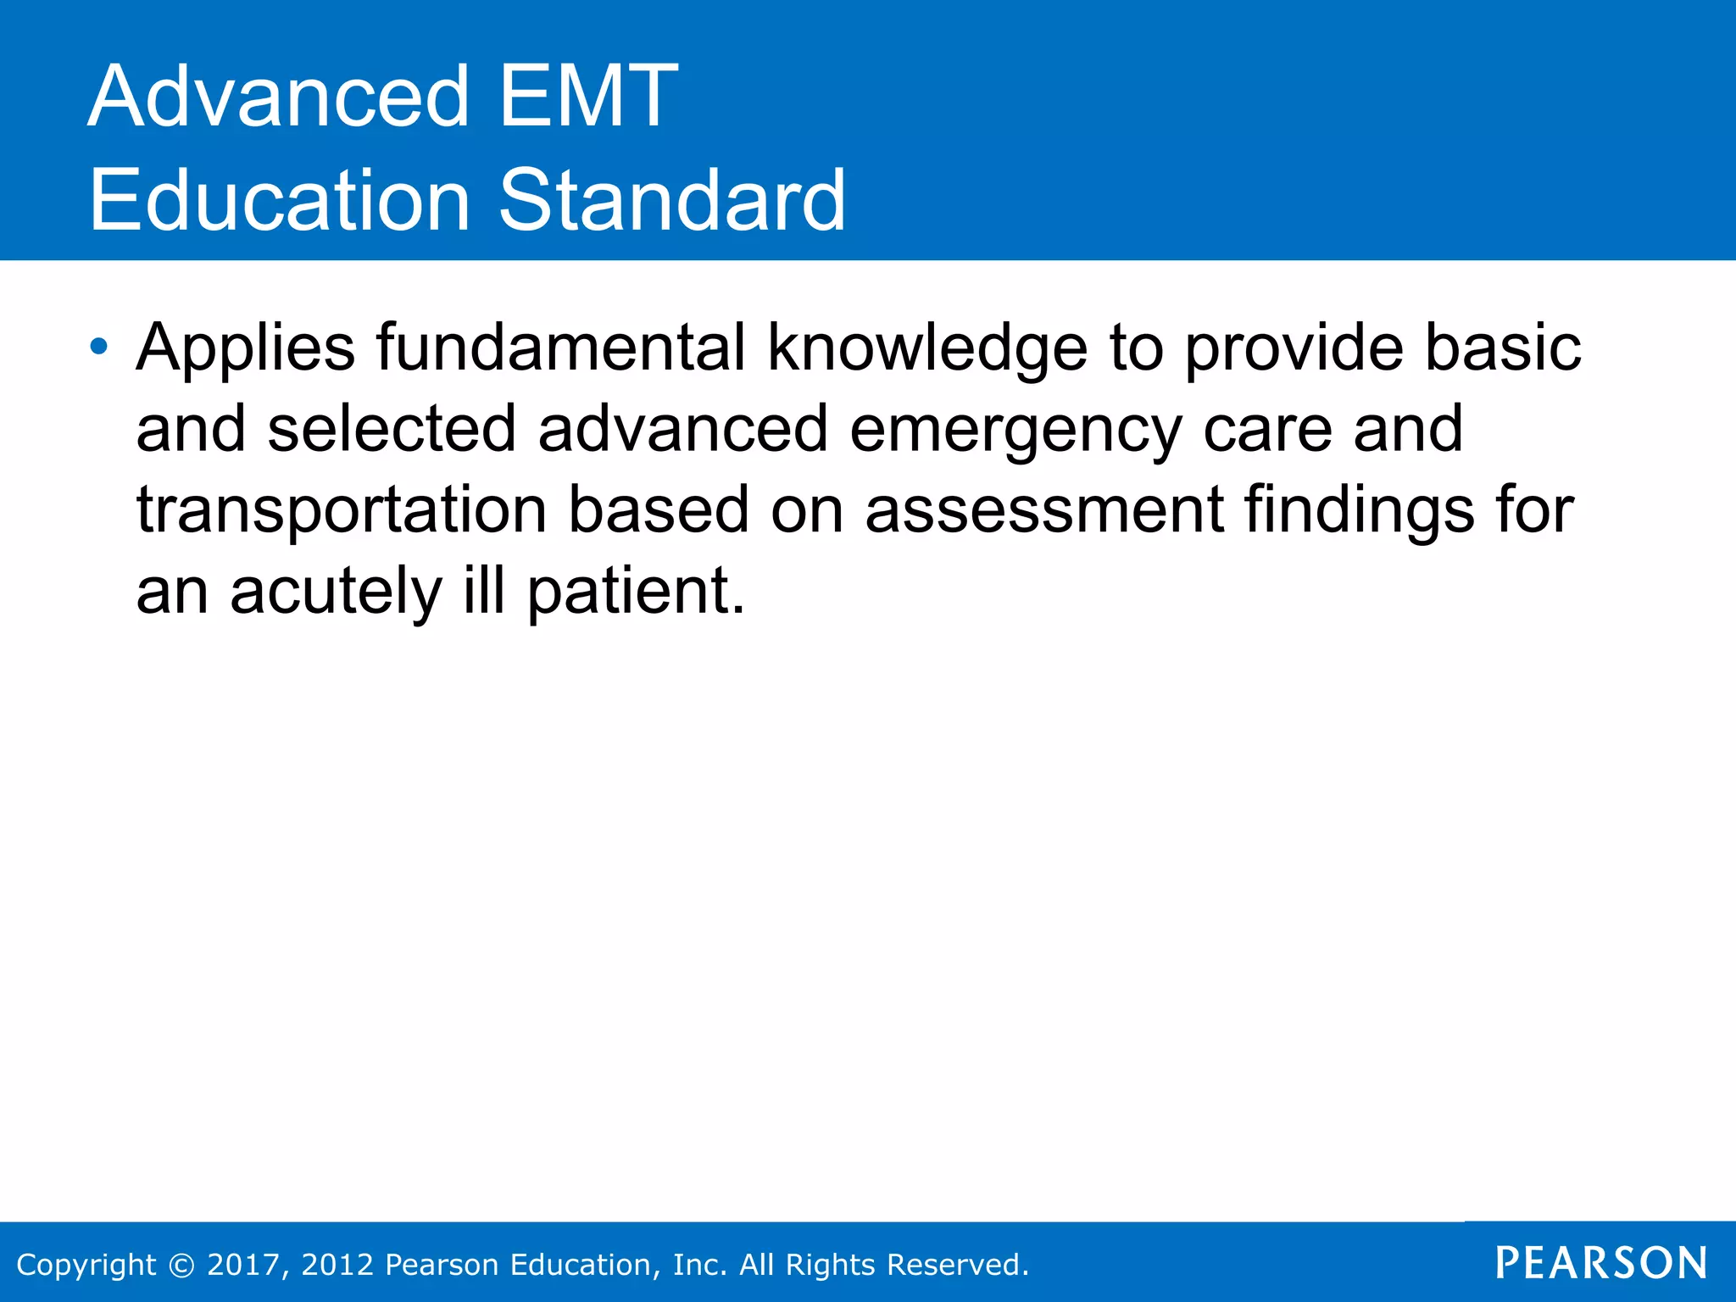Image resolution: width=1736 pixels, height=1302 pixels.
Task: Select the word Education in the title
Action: (279, 200)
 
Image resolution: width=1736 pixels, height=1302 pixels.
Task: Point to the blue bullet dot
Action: (99, 346)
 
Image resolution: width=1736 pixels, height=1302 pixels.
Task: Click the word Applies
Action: (245, 348)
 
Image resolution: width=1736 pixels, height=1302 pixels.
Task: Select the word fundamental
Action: (560, 347)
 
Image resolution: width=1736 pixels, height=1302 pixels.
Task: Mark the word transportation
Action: (341, 510)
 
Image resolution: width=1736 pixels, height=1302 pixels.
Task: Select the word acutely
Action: (336, 592)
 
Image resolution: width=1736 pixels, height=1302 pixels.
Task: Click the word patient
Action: (635, 592)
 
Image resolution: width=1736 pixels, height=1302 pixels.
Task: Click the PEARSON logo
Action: (1601, 1263)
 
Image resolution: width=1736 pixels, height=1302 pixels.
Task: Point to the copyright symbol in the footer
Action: (181, 1265)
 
